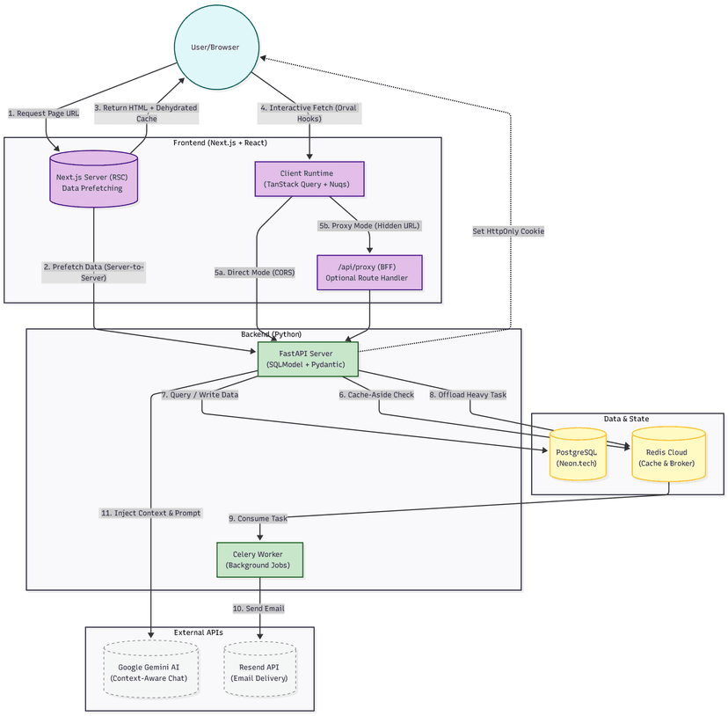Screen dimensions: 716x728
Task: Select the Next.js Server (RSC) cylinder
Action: click(x=94, y=181)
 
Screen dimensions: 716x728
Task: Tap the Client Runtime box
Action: click(x=309, y=179)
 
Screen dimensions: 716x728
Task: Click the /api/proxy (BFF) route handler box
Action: click(x=369, y=273)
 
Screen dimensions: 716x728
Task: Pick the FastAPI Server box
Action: click(x=307, y=359)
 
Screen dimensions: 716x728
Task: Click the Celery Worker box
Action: click(x=260, y=559)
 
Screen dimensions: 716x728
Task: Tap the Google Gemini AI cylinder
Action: click(x=151, y=672)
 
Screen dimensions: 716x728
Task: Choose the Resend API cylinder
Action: click(x=259, y=672)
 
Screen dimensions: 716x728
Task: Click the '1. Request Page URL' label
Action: click(x=43, y=113)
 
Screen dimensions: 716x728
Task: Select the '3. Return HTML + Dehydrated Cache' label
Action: click(x=146, y=113)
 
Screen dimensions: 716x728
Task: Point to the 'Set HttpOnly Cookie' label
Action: click(x=508, y=231)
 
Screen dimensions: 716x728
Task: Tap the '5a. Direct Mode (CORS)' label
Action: click(x=255, y=273)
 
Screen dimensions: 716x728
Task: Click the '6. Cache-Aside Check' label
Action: click(x=376, y=395)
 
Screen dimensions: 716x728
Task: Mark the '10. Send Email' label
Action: click(x=258, y=608)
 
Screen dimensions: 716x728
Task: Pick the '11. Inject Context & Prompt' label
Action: click(x=150, y=513)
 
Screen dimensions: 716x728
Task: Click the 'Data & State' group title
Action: click(x=627, y=419)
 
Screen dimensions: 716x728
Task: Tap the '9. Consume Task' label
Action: click(x=258, y=518)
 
